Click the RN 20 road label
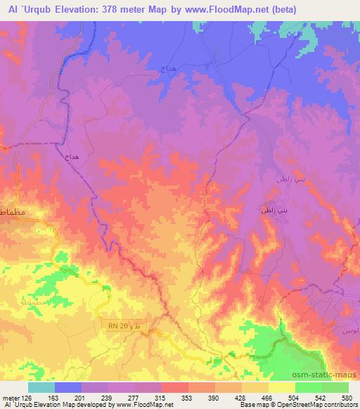tap(121, 325)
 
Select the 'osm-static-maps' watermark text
tap(323, 373)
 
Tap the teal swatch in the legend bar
tap(41, 387)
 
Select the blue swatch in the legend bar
tap(68, 387)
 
